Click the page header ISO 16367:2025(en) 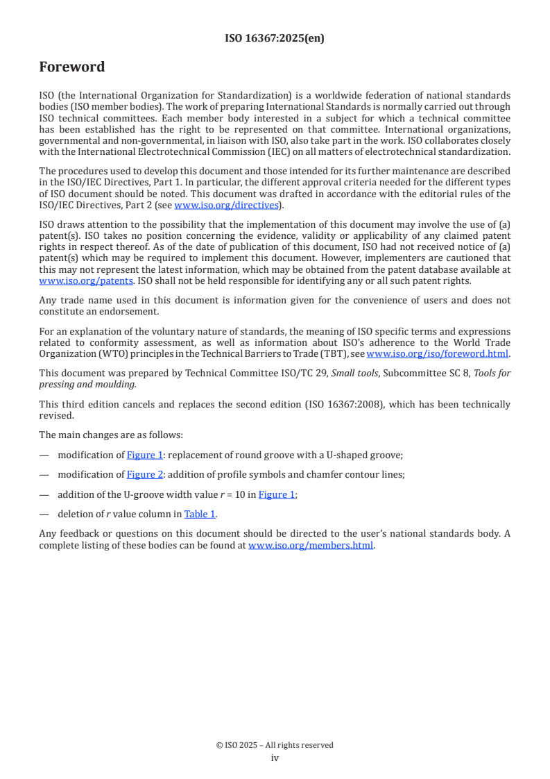click(x=275, y=38)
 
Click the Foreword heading click(x=72, y=67)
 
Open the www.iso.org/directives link click(x=226, y=205)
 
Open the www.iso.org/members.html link click(x=311, y=545)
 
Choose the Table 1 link click(x=200, y=514)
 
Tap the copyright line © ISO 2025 click(x=275, y=745)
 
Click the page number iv click(x=275, y=757)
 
